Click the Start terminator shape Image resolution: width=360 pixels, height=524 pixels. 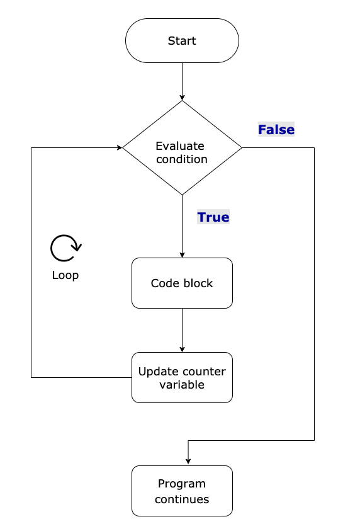click(x=182, y=41)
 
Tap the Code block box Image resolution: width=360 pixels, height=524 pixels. click(x=182, y=283)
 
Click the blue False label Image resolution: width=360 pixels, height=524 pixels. click(x=276, y=130)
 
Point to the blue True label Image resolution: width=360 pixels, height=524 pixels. click(x=213, y=217)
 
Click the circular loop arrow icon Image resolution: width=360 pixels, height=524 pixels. click(x=65, y=248)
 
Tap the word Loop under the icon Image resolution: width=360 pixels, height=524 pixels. click(x=65, y=275)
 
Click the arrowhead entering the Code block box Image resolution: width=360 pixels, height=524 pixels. click(x=182, y=254)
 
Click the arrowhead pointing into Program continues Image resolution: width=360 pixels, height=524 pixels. click(x=188, y=462)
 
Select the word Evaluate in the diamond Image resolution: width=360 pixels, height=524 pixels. click(x=180, y=146)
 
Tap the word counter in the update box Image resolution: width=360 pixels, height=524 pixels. click(x=203, y=371)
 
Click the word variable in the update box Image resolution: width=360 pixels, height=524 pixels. click(x=182, y=384)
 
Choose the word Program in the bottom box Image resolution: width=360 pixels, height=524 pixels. click(x=182, y=484)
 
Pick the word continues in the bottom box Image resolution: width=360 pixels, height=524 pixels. click(x=182, y=499)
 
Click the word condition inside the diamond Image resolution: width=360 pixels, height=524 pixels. click(x=182, y=159)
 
